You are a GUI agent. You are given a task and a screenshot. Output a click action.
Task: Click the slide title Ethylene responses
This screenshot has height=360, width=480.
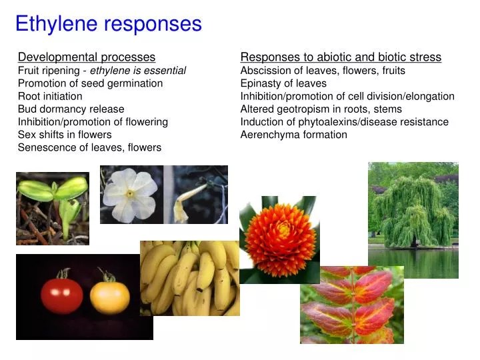tap(108, 24)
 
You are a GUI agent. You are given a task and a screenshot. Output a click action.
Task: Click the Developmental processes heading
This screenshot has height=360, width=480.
tap(87, 57)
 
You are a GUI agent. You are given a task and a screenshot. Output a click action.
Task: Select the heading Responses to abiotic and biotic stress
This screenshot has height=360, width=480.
tap(341, 57)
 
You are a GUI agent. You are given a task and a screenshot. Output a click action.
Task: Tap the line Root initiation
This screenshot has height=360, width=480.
tap(50, 96)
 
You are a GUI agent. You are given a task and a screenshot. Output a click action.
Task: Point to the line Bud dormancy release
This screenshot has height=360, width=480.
tap(71, 109)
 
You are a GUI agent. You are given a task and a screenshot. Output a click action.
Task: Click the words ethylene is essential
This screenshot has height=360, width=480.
tap(138, 70)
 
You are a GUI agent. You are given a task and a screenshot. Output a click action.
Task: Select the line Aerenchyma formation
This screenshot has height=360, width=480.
tap(293, 135)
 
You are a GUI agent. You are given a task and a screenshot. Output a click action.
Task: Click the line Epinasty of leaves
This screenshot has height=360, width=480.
tap(283, 83)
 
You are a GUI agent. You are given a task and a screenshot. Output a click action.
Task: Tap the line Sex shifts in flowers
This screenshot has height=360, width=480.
tap(65, 135)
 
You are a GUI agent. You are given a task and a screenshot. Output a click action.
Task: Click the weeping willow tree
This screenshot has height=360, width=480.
tap(413, 210)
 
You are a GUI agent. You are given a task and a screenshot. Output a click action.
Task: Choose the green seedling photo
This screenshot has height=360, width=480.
tap(52, 208)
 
